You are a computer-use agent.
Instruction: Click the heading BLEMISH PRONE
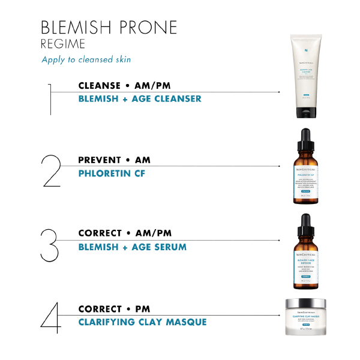coord(109,27)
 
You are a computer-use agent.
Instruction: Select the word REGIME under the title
coord(64,44)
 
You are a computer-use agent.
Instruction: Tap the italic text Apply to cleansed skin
coord(86,59)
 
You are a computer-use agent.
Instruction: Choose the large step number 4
coord(51,317)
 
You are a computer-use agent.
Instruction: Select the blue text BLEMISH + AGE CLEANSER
coord(140,98)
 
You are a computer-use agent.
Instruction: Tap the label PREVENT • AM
coord(114,160)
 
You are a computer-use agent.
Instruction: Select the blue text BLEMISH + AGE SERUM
coord(132,247)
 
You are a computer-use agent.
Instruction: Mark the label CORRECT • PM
coord(114,309)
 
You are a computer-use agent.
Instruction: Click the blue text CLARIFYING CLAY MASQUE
coord(142,322)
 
